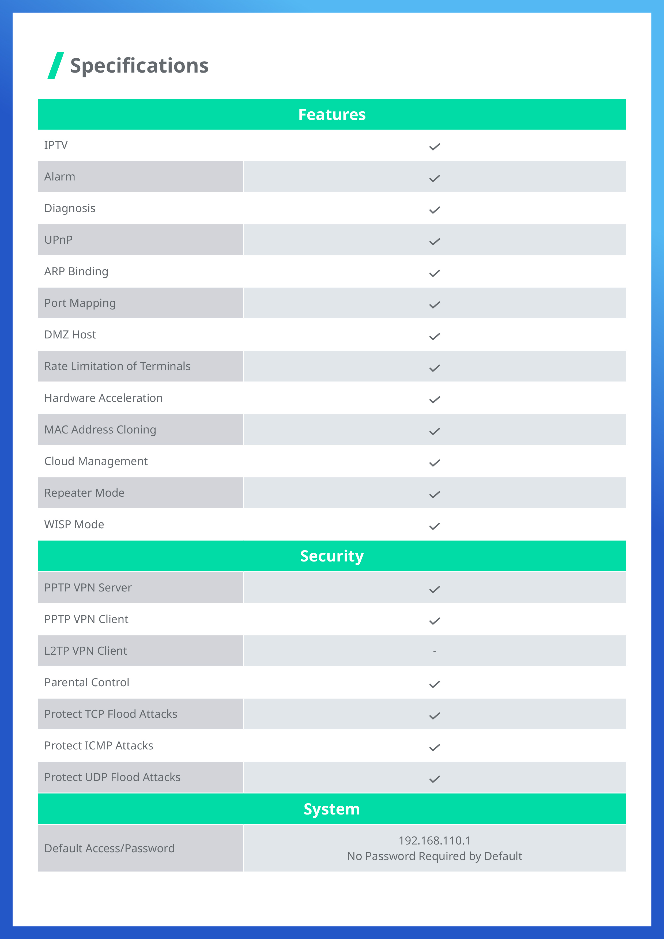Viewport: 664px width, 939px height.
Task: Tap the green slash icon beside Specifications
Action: (x=56, y=65)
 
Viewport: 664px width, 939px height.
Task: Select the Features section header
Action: (x=331, y=115)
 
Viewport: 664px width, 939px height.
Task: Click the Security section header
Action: (x=331, y=556)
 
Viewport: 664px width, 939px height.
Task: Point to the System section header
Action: (x=331, y=809)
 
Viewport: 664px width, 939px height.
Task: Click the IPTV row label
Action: (x=56, y=145)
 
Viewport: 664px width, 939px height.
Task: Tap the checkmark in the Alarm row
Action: (x=434, y=178)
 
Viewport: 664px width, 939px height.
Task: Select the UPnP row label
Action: (x=58, y=240)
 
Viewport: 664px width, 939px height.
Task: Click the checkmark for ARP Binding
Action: (x=434, y=273)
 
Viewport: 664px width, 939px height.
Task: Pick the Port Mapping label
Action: (x=80, y=303)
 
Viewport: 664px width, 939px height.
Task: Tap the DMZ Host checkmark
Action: (x=434, y=336)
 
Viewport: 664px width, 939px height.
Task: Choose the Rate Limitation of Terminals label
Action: (x=117, y=367)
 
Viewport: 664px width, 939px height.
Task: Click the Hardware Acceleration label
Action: (x=103, y=398)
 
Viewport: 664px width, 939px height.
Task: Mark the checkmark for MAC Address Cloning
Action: (x=434, y=431)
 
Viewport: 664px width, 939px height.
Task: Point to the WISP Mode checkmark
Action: (x=434, y=526)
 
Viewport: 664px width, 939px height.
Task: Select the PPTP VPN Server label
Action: (x=88, y=588)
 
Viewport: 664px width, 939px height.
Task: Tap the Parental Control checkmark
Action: (x=434, y=684)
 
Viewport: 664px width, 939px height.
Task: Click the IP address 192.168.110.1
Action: (x=434, y=840)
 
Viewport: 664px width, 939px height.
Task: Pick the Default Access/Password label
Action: (x=109, y=848)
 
